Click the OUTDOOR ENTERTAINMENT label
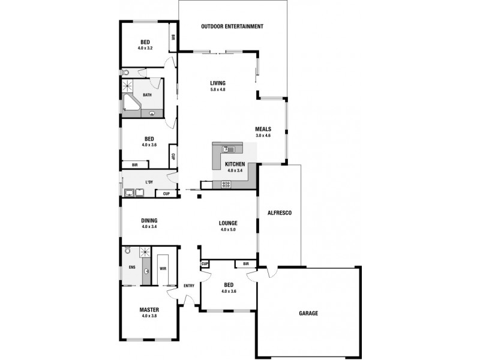tap(232, 26)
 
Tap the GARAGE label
tap(308, 313)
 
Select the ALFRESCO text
tap(279, 212)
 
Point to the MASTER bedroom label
tap(149, 310)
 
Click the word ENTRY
tap(189, 286)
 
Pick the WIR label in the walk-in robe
tap(163, 268)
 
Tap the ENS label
tap(131, 268)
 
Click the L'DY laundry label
tap(149, 182)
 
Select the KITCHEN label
tap(234, 164)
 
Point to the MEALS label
tap(263, 129)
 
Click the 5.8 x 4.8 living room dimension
tap(217, 89)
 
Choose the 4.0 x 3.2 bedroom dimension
tap(145, 47)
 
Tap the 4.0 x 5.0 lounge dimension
tap(228, 229)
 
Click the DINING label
tap(149, 220)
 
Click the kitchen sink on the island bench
tap(229, 149)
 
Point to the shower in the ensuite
tap(144, 253)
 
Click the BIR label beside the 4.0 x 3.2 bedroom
tap(173, 37)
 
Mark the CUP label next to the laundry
tap(166, 193)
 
